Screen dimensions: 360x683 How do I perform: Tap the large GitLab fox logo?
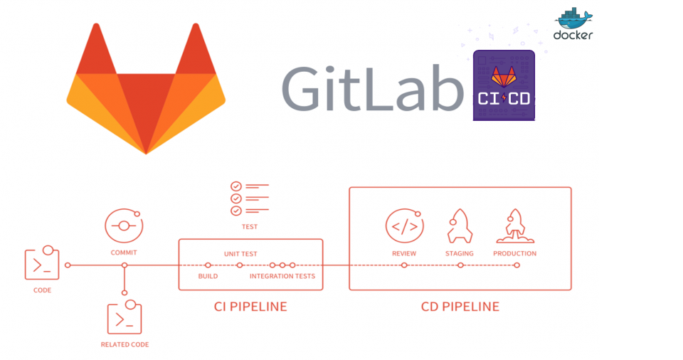146,88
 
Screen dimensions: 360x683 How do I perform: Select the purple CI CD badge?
504,85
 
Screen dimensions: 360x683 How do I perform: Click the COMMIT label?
124,253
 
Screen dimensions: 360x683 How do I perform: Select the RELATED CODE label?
125,344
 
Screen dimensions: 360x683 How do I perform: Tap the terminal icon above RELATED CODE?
125,318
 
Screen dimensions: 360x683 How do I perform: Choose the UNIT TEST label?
240,254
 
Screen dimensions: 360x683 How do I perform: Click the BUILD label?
208,276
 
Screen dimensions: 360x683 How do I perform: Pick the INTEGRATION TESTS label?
282,276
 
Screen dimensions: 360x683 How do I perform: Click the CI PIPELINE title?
250,307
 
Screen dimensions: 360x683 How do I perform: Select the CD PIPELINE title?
460,307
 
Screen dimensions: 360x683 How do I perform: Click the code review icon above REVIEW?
404,226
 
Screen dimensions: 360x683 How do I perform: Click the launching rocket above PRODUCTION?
515,225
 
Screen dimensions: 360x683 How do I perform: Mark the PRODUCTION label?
515,253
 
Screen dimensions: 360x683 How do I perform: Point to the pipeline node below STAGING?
460,265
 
